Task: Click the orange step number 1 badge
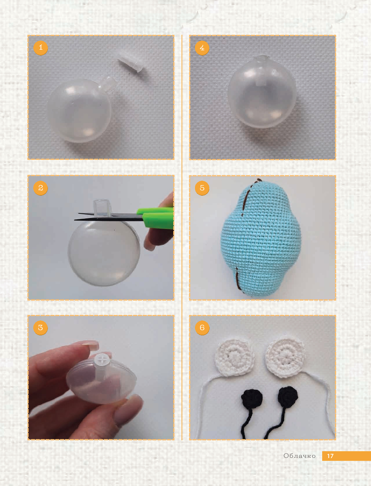40,48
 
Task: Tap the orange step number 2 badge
40,188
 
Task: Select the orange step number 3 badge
40,327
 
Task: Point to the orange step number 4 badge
202,48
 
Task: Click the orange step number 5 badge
202,188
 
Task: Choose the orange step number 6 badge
202,327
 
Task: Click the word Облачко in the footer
299,456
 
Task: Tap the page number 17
330,456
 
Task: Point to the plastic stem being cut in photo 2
102,208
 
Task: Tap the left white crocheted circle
234,357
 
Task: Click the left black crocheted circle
252,399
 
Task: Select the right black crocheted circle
288,397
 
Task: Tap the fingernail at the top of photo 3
91,345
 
